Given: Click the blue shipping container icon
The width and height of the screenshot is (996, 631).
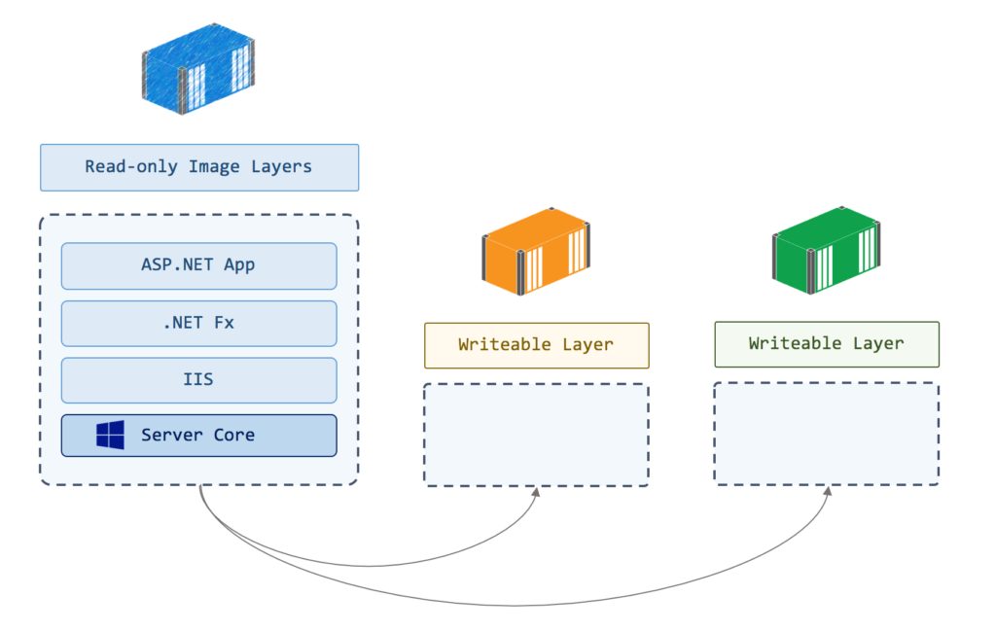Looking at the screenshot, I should point(199,71).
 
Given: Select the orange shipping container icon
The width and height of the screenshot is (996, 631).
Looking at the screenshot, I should point(536,251).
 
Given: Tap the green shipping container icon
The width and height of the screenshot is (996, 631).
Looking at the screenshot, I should point(826,251).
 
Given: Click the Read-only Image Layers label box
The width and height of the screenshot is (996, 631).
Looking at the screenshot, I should point(199,167).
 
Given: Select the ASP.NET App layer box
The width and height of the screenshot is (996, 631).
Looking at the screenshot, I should point(198,265).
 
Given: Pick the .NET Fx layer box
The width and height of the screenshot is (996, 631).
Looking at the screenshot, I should point(198,323).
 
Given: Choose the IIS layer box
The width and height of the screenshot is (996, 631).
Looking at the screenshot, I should point(198,380).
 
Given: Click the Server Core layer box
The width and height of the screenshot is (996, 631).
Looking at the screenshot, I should point(198,436).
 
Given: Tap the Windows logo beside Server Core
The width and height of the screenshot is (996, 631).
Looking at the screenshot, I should point(111,436).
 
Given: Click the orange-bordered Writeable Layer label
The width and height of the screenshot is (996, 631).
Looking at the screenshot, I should point(536,345).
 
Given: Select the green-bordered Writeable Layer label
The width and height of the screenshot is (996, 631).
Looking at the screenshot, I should point(826,344).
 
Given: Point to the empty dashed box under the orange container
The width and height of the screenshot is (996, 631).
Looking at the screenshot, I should point(536,435).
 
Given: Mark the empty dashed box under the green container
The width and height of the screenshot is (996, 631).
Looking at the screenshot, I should point(826,434).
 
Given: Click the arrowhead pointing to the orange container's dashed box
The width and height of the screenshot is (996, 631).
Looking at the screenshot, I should point(536,492).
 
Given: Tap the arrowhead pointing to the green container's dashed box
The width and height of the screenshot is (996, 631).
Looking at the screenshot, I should point(828,492).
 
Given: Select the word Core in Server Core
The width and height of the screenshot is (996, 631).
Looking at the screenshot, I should point(234,436).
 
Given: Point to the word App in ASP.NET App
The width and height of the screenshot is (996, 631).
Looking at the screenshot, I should point(239,265).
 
